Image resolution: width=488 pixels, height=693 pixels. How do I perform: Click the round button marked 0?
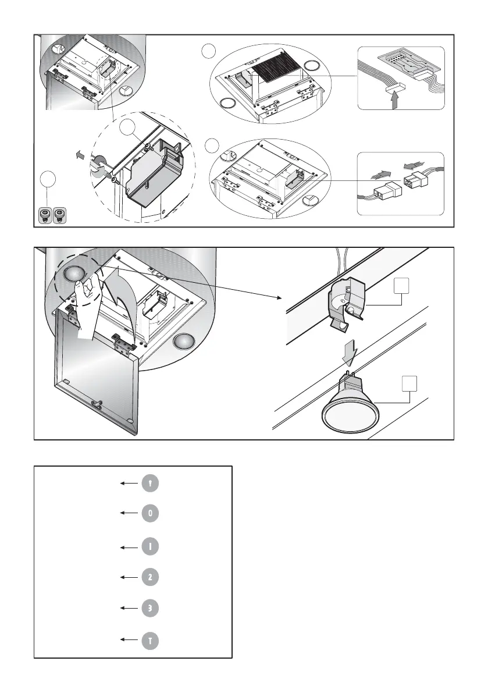click(x=149, y=514)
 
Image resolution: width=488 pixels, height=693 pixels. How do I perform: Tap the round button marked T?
click(x=149, y=640)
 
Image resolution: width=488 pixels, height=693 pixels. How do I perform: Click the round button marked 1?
click(x=149, y=547)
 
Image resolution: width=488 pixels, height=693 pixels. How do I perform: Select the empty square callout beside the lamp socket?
click(x=401, y=286)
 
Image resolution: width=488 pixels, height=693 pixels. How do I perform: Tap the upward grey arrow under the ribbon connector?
click(x=395, y=101)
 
